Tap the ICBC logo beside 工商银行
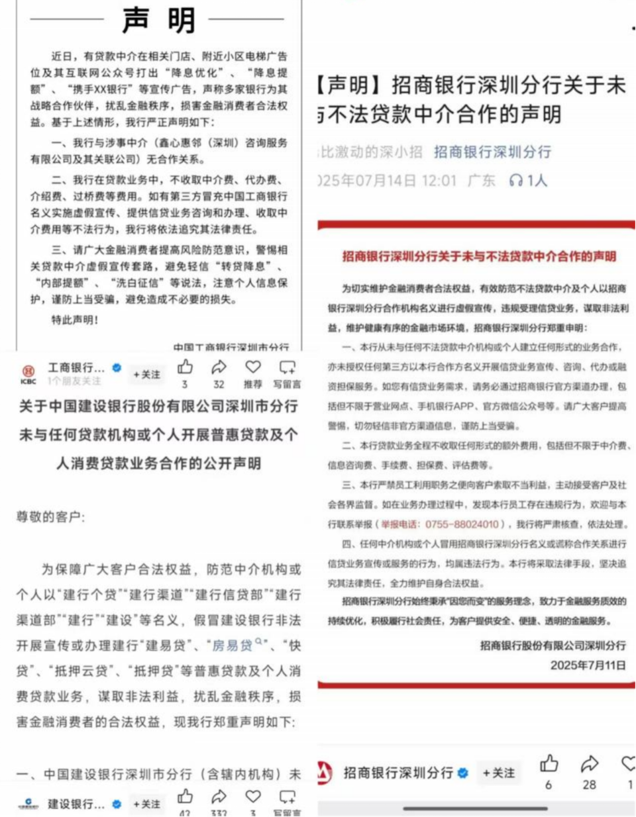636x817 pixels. coord(28,373)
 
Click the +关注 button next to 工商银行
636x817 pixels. coord(146,374)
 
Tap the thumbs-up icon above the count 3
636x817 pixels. coord(185,367)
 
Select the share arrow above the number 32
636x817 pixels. coord(219,367)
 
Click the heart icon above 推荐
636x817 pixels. coord(253,367)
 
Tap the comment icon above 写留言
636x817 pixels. coord(288,367)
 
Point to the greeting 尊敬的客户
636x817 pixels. coord(51,516)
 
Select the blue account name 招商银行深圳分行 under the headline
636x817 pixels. coord(492,152)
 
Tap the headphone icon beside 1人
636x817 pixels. coord(515,180)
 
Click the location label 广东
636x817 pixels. coord(481,180)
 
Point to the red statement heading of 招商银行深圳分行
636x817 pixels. coord(479,256)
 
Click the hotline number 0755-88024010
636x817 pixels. coord(462,524)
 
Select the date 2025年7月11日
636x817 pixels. coord(588,665)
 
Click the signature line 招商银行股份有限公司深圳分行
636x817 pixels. coord(553,645)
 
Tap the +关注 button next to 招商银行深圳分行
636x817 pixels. coord(498,773)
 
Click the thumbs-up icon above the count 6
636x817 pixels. coord(549,764)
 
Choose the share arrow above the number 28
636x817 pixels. coord(589,764)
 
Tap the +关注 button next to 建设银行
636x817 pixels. coord(146,804)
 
